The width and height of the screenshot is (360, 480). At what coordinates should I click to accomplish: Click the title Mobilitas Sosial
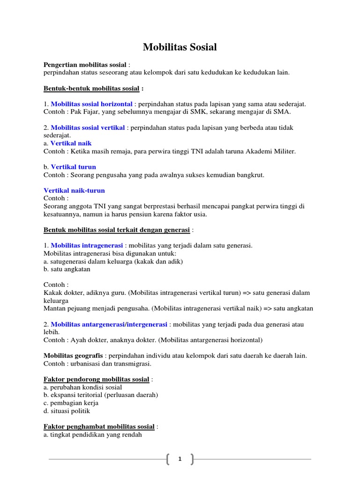[180, 47]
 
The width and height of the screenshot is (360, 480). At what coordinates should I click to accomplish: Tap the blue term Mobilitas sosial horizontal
[91, 104]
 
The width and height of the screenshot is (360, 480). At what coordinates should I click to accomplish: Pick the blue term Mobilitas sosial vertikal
[88, 127]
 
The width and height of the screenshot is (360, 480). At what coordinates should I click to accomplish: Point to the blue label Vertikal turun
[73, 167]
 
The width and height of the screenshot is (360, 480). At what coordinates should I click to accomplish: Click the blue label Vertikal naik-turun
[74, 191]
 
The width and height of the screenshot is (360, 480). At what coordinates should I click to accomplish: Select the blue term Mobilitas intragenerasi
[87, 245]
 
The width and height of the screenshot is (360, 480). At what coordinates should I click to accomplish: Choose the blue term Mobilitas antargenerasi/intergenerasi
[109, 324]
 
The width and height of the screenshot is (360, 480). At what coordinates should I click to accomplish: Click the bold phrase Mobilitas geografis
[73, 356]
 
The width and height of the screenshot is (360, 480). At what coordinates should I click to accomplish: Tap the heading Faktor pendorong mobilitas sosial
[97, 379]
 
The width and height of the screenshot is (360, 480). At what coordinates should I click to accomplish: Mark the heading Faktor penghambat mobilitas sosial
[99, 427]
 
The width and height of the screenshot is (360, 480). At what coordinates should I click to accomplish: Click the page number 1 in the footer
[180, 459]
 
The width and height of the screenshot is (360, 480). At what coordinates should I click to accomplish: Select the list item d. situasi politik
[67, 411]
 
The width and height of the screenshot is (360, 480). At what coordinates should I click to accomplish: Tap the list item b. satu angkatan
[67, 269]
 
